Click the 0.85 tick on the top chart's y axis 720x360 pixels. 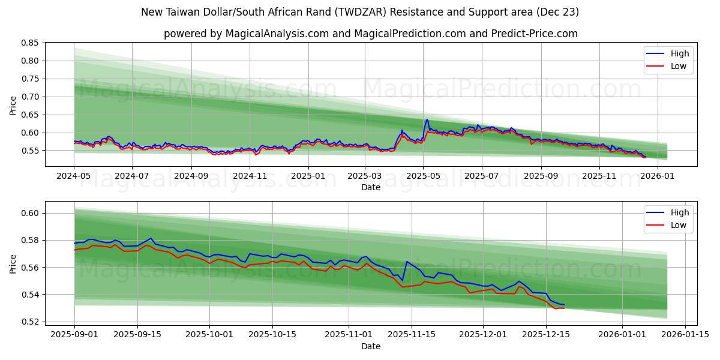pos(30,43)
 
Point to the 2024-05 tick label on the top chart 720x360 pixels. pos(74,176)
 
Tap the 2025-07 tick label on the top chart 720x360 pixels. pos(482,176)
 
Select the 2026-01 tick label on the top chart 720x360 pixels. pos(658,176)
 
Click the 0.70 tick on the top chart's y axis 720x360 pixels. pos(30,97)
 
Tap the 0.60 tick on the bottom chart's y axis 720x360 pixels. pos(30,213)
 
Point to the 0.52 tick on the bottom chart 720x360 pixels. pos(30,322)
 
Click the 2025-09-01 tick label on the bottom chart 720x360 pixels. pos(74,334)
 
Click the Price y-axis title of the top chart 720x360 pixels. pos(13,105)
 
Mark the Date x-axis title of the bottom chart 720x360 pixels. pos(370,346)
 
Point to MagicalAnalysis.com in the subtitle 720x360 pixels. pos(277,34)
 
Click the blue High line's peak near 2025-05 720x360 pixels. pos(427,119)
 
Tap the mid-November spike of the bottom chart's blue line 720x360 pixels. pos(407,262)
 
